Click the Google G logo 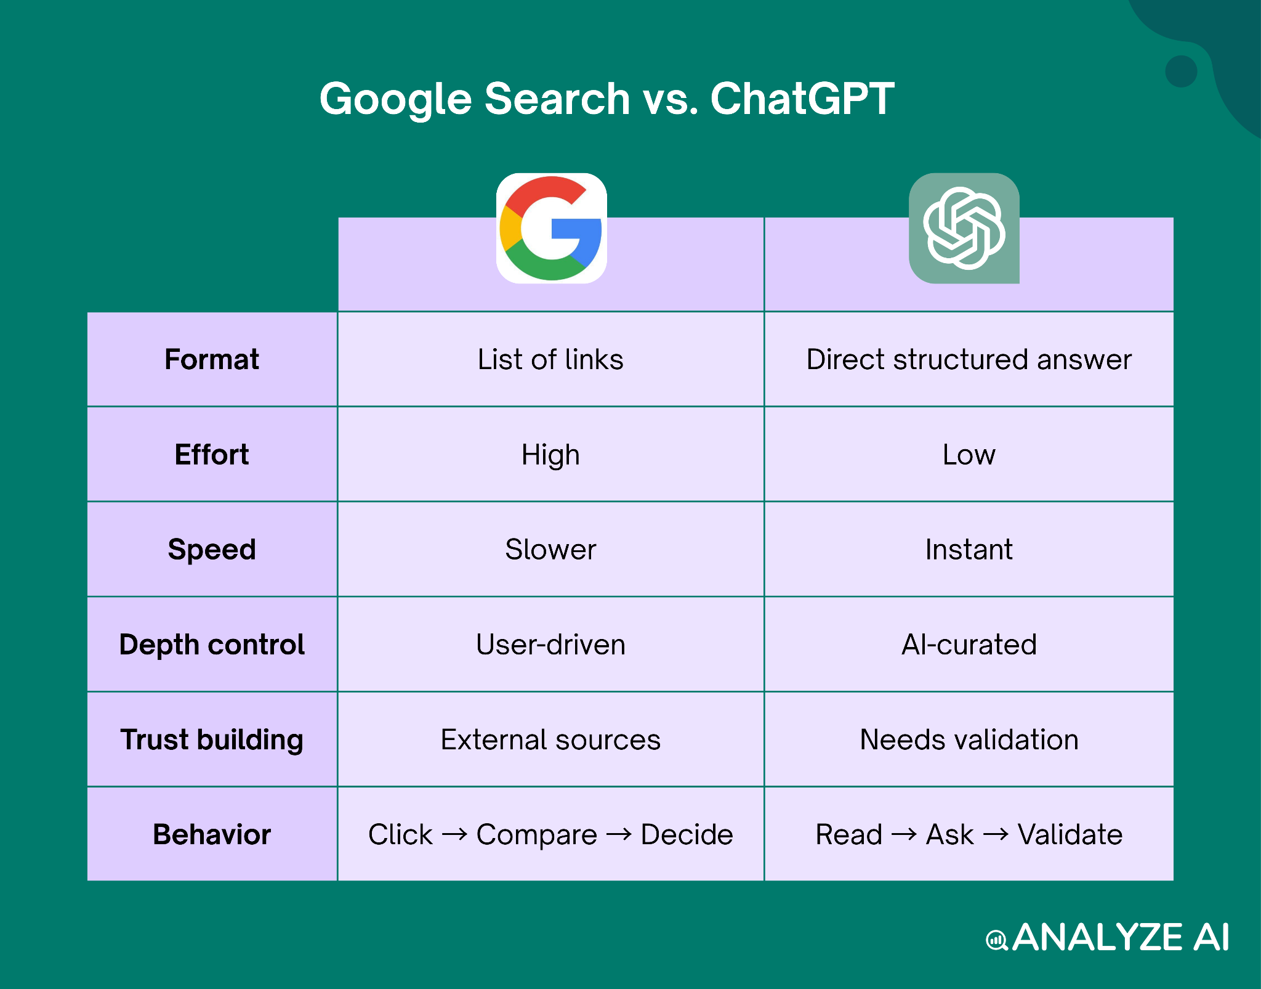pyautogui.click(x=551, y=229)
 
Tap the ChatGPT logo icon pyautogui.click(x=964, y=229)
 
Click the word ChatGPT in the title pyautogui.click(x=802, y=99)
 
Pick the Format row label pyautogui.click(x=212, y=359)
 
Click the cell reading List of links pyautogui.click(x=550, y=359)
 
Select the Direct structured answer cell pyautogui.click(x=969, y=359)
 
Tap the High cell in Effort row pyautogui.click(x=550, y=455)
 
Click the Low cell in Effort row pyautogui.click(x=969, y=455)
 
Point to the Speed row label pyautogui.click(x=212, y=549)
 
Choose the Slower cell pyautogui.click(x=550, y=549)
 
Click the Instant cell pyautogui.click(x=969, y=549)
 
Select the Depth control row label pyautogui.click(x=212, y=645)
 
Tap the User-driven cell pyautogui.click(x=550, y=645)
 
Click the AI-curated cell pyautogui.click(x=969, y=645)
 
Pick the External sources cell pyautogui.click(x=550, y=739)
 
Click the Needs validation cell pyautogui.click(x=969, y=739)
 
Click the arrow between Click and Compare pyautogui.click(x=454, y=835)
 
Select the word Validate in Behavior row pyautogui.click(x=1070, y=835)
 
